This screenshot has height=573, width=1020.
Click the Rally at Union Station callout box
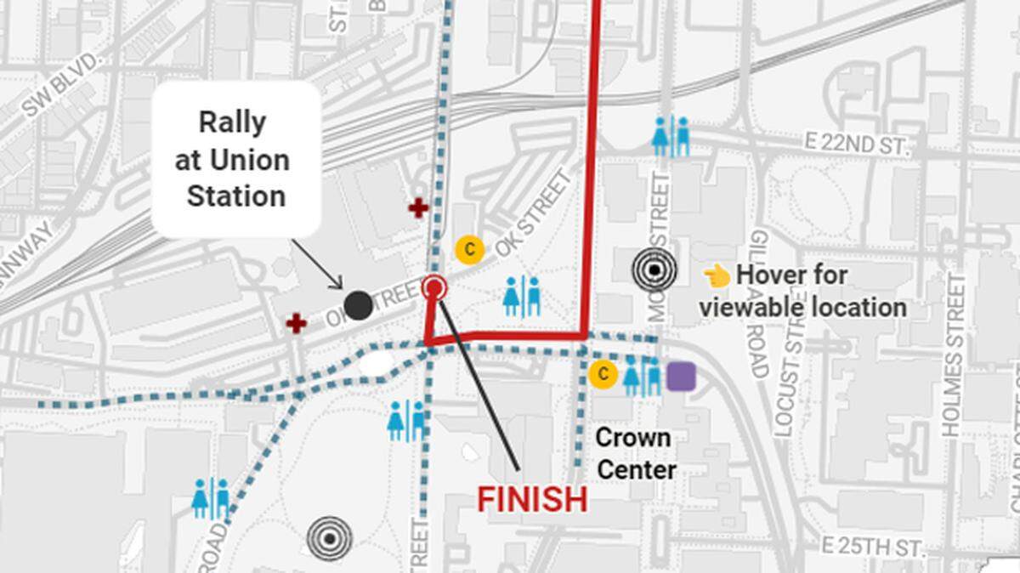(x=236, y=159)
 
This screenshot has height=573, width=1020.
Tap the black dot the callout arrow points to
(x=359, y=304)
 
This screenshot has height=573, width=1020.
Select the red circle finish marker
(x=434, y=288)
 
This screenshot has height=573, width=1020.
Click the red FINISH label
(x=532, y=499)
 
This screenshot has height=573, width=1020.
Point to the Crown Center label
(x=635, y=453)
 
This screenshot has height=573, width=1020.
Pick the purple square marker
(x=681, y=376)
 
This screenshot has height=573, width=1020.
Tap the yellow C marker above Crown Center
(x=603, y=374)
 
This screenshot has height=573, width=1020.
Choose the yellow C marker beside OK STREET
(x=469, y=249)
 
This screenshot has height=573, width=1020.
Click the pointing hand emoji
(x=717, y=275)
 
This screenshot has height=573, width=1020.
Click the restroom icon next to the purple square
(x=642, y=376)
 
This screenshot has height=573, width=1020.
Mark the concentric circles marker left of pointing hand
(x=655, y=270)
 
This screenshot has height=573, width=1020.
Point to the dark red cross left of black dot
(x=296, y=323)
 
